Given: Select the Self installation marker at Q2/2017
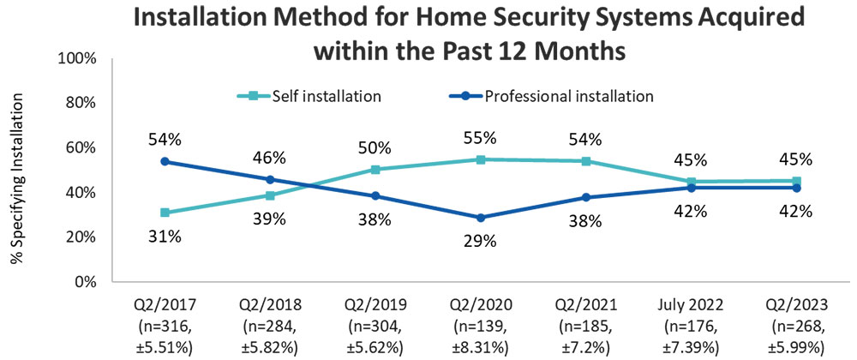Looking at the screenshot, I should click(x=164, y=213).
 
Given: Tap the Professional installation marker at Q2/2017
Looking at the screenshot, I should click(x=164, y=161).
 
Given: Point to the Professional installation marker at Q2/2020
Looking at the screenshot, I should click(x=480, y=218).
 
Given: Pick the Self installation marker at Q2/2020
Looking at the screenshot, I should click(x=480, y=159).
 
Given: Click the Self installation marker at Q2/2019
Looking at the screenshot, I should click(x=375, y=170).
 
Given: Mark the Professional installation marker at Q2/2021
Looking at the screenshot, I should click(x=585, y=197).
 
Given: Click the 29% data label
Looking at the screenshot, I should click(x=480, y=242).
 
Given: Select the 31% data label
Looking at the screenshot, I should click(x=164, y=237).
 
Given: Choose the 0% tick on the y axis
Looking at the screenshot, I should click(x=84, y=281).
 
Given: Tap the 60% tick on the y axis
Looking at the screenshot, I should click(x=81, y=147).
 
